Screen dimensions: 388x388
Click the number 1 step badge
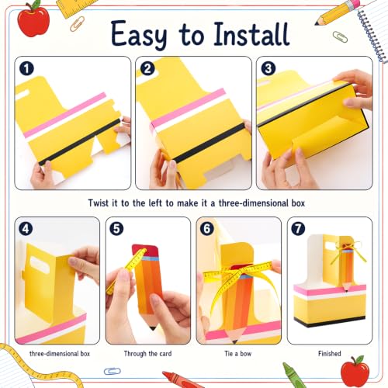[26, 68]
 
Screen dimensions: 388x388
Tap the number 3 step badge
[268, 68]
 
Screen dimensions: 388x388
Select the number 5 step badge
[116, 229]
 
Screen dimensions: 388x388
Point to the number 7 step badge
[298, 229]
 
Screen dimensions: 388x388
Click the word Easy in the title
[139, 34]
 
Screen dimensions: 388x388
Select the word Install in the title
[251, 34]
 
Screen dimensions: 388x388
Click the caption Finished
[330, 353]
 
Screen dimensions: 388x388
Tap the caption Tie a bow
[238, 353]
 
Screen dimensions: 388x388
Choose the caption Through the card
[147, 354]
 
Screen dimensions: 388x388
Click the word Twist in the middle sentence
[98, 203]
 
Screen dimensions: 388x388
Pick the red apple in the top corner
[33, 19]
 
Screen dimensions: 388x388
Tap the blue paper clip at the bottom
[113, 371]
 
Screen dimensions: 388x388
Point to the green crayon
[293, 375]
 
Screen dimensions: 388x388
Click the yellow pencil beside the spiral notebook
[337, 12]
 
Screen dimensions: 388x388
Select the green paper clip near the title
[340, 36]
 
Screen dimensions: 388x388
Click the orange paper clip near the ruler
[77, 24]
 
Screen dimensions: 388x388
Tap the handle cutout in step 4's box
[40, 264]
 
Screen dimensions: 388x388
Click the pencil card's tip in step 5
[153, 328]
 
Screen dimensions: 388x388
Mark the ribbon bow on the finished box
[348, 250]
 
